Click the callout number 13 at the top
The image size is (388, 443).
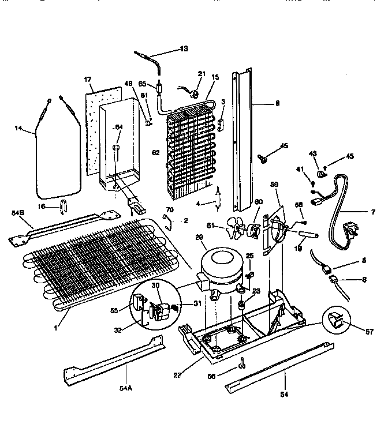[x=184, y=49]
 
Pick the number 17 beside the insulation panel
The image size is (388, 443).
[x=88, y=79]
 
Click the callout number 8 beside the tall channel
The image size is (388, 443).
[x=278, y=104]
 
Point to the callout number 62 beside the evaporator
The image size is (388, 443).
[x=155, y=152]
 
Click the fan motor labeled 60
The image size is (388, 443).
[x=253, y=231]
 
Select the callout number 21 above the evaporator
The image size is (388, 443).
[x=202, y=73]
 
